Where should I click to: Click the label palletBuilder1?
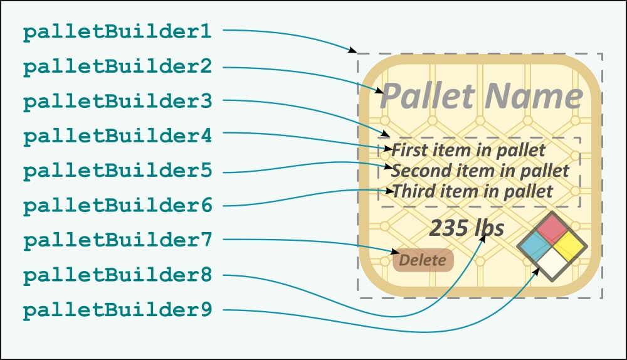click(x=117, y=33)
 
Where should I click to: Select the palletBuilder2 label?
click(x=117, y=67)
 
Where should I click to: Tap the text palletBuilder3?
click(x=117, y=102)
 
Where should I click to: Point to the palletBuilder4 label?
click(x=117, y=136)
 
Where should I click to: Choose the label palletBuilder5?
click(x=117, y=171)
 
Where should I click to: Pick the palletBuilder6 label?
click(x=117, y=205)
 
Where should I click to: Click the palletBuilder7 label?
click(x=117, y=240)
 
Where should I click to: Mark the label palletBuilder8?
click(x=117, y=275)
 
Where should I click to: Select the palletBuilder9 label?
click(x=117, y=309)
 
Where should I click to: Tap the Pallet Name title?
click(x=482, y=96)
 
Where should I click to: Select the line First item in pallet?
click(x=468, y=151)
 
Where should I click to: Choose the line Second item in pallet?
click(x=480, y=171)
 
